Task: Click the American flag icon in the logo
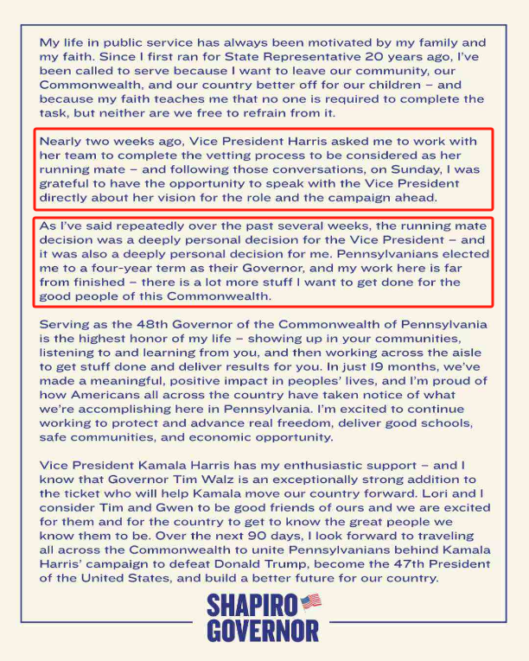click(310, 601)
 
